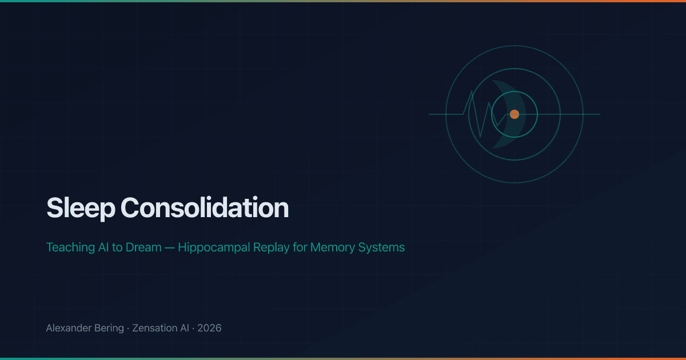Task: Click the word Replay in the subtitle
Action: [271, 247]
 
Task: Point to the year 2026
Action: [209, 329]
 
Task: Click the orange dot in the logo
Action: [514, 114]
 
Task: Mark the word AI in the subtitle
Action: [104, 247]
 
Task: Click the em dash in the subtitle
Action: [170, 247]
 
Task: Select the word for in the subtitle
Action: [299, 247]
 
